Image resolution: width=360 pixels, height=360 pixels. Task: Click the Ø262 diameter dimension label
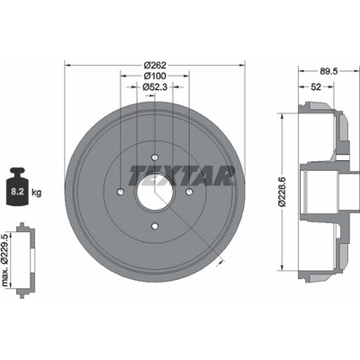[x=155, y=65]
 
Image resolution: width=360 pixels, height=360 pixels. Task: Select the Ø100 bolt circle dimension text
[x=155, y=76]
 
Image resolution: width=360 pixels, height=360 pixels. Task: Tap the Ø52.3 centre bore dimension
[x=155, y=86]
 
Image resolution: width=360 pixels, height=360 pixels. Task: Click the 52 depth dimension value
[x=316, y=86]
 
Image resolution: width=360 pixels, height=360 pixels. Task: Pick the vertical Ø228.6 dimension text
[x=283, y=192]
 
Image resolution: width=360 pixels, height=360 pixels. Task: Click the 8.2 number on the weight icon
[x=17, y=192]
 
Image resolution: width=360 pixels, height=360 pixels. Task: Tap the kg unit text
[x=36, y=193]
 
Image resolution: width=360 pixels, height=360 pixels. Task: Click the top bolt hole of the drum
[x=155, y=157]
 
